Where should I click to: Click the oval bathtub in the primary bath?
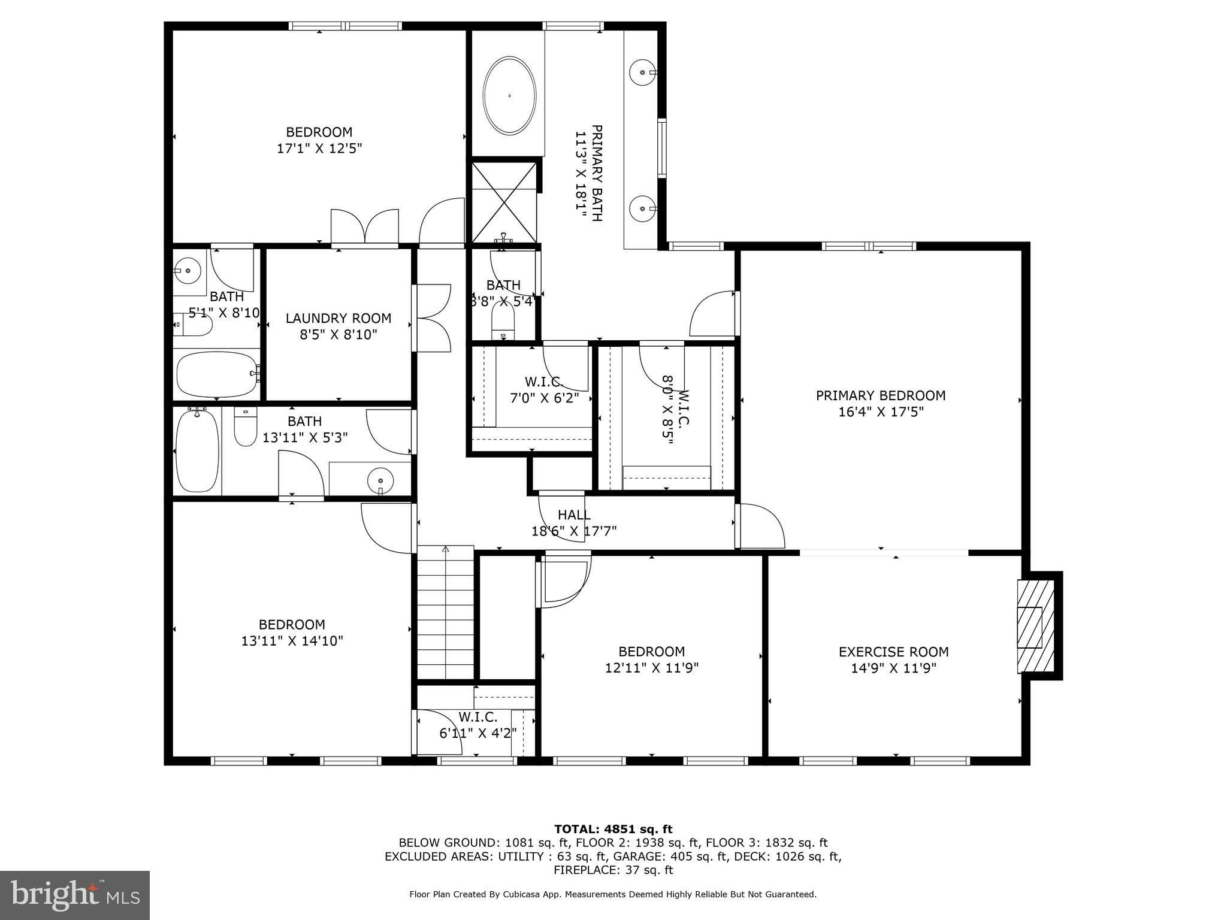pos(509,96)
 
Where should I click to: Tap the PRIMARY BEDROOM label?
pos(880,395)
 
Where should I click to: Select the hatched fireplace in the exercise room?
pos(1035,627)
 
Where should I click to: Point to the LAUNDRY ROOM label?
pos(338,319)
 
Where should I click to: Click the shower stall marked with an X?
pos(504,202)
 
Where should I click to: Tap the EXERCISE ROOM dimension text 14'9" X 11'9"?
pos(893,668)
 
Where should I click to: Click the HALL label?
pos(574,515)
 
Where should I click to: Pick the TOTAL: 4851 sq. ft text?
pos(613,829)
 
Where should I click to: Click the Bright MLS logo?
pos(74,895)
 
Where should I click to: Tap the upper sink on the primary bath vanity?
pos(643,72)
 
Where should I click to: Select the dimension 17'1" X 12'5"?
pos(319,148)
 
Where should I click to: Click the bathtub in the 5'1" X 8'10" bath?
pos(216,374)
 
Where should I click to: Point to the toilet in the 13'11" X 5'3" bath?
pos(244,426)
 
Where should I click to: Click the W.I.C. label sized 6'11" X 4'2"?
pos(477,716)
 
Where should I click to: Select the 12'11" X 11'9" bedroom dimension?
pos(651,667)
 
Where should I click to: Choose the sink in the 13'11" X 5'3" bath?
pos(380,479)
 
